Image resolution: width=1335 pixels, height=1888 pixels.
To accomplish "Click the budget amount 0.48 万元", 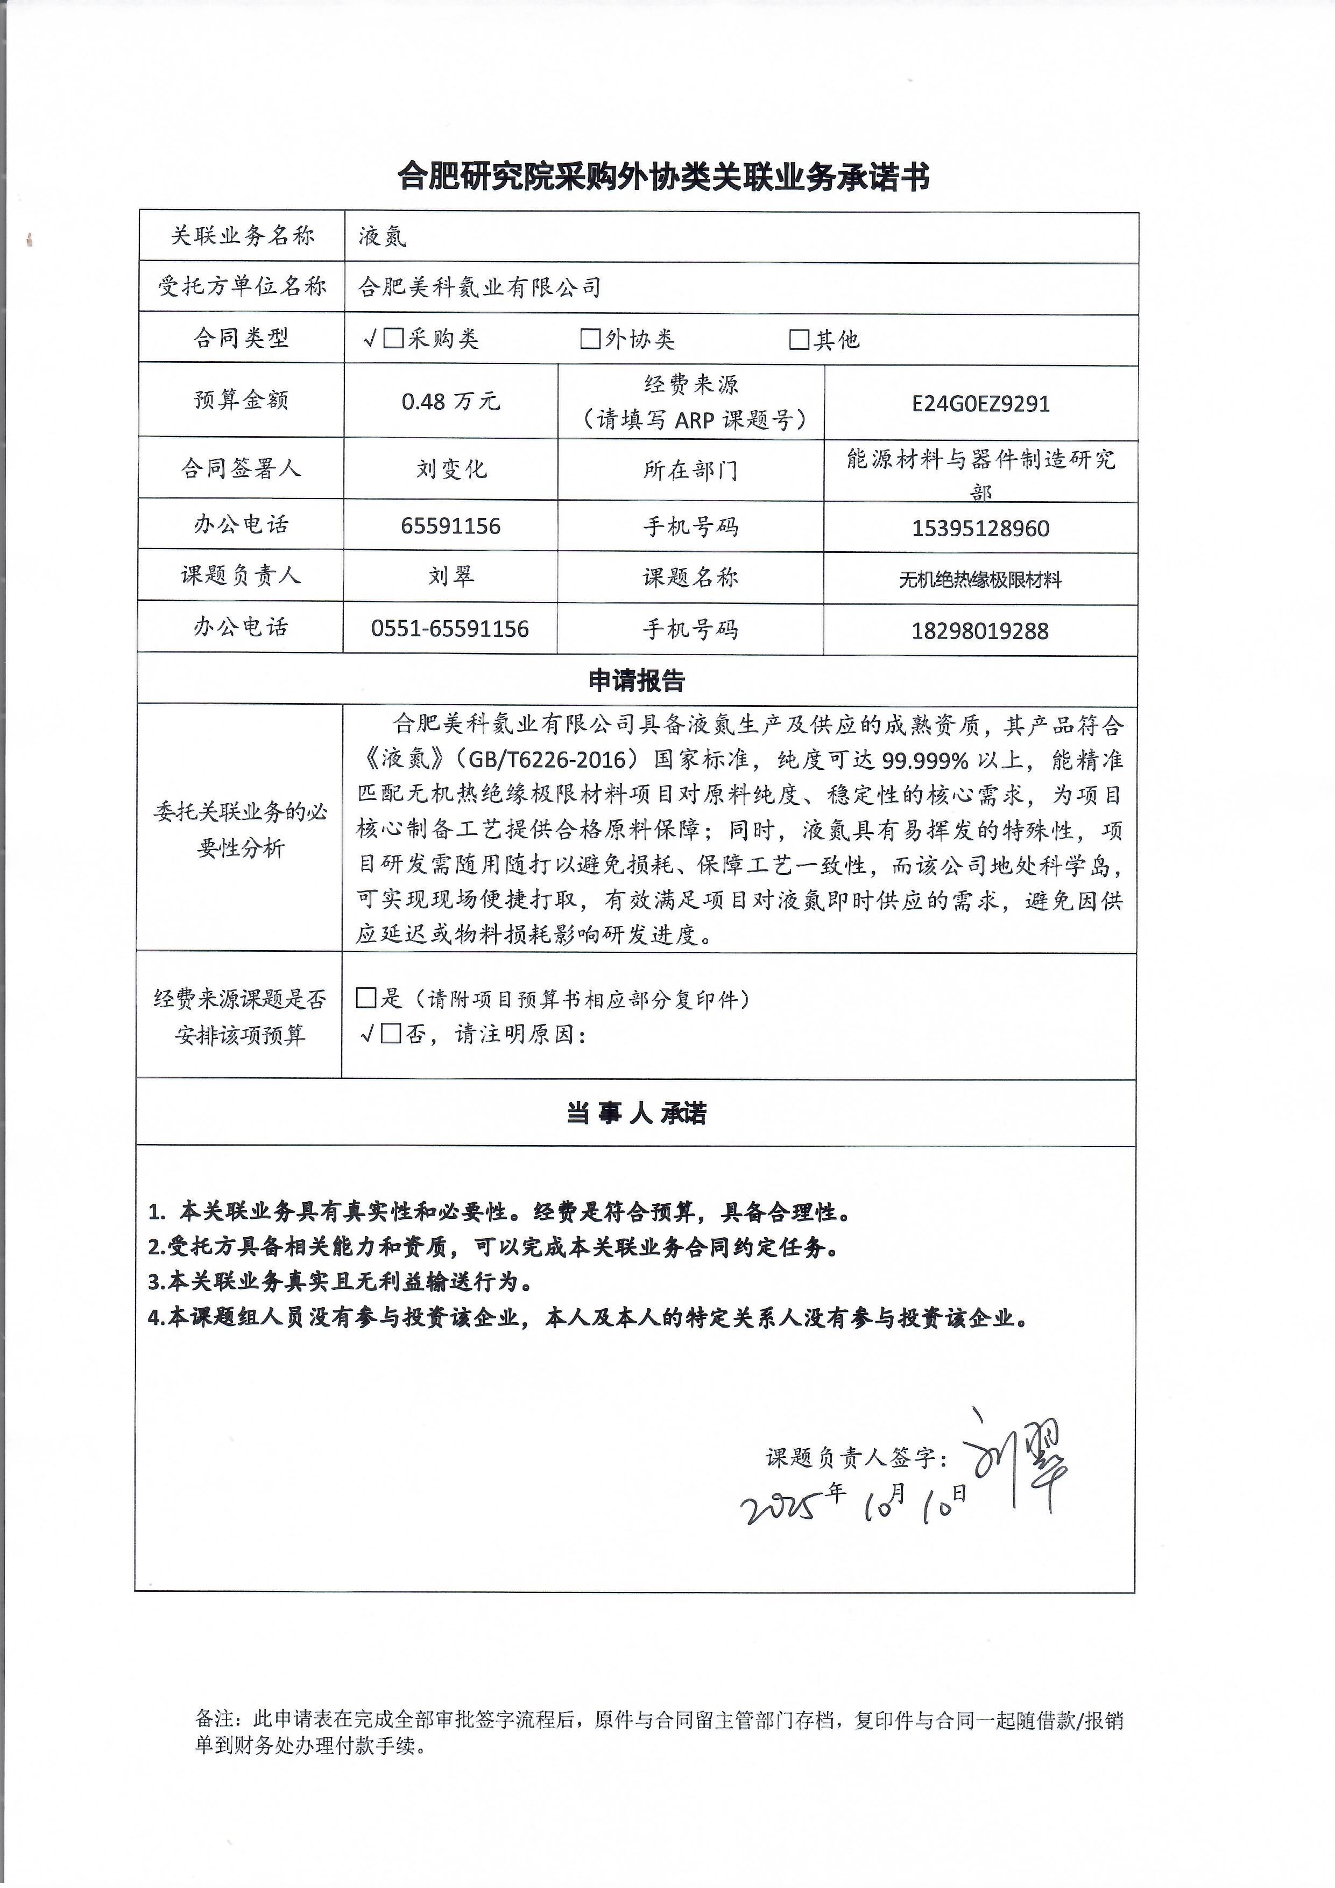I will [x=450, y=401].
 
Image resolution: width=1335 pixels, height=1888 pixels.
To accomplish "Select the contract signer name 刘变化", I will [x=450, y=469].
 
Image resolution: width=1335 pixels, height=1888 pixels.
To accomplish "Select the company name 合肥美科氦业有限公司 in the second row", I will [x=480, y=287].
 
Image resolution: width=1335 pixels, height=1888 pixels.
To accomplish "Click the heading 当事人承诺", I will [x=636, y=1113].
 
